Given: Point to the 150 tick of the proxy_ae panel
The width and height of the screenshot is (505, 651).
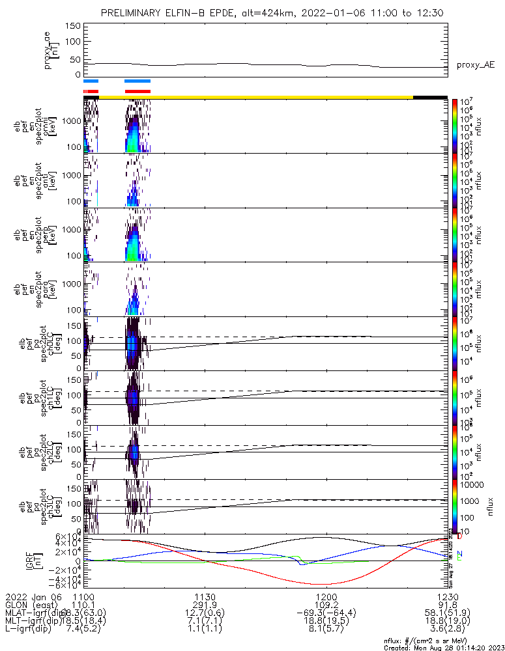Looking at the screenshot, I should click(x=73, y=25).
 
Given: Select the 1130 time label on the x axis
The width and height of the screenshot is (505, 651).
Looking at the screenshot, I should click(x=205, y=596).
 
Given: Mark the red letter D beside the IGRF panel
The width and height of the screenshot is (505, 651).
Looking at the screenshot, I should click(x=460, y=536).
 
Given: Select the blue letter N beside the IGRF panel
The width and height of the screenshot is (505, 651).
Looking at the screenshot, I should click(x=460, y=553).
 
